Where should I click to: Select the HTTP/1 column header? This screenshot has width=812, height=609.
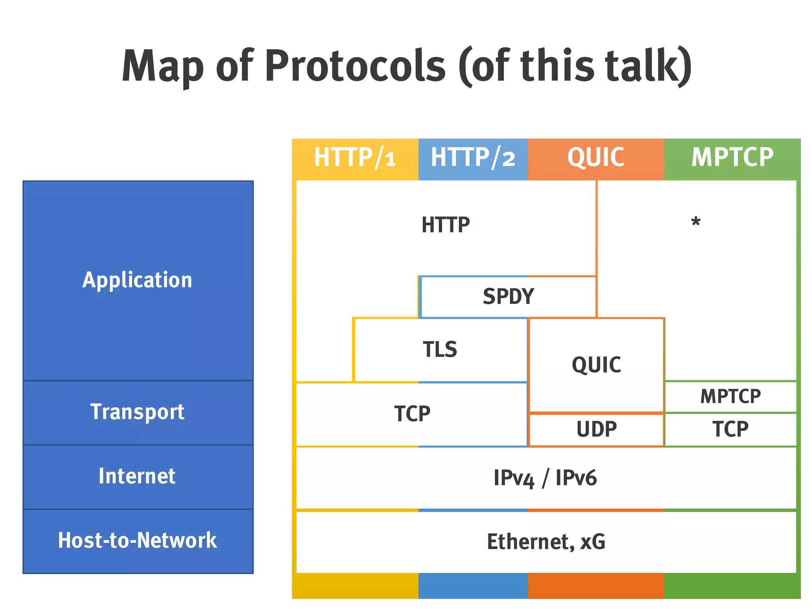pyautogui.click(x=355, y=157)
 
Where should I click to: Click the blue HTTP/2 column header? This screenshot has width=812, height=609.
pyautogui.click(x=473, y=157)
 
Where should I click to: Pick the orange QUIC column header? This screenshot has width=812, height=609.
pyautogui.click(x=596, y=157)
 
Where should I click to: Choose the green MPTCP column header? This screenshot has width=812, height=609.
pyautogui.click(x=732, y=157)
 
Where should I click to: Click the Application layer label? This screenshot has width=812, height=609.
pyautogui.click(x=137, y=280)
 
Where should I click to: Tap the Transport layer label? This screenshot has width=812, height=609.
pyautogui.click(x=137, y=412)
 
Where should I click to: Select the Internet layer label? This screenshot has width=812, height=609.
pyautogui.click(x=137, y=476)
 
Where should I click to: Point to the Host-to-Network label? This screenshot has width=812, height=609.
pyautogui.click(x=137, y=540)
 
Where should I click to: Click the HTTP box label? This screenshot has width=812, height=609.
pyautogui.click(x=446, y=225)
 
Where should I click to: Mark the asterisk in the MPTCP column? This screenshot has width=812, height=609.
pyautogui.click(x=695, y=222)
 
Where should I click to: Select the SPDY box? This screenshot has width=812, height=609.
pyautogui.click(x=508, y=297)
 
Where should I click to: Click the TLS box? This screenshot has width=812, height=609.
pyautogui.click(x=440, y=350)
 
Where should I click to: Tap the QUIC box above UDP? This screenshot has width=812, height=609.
pyautogui.click(x=596, y=365)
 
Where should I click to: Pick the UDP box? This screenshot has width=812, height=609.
pyautogui.click(x=596, y=429)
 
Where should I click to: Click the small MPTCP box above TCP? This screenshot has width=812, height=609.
pyautogui.click(x=730, y=396)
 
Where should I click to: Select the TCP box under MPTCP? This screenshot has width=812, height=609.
pyautogui.click(x=730, y=429)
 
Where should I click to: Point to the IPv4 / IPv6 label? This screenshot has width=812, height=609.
pyautogui.click(x=545, y=478)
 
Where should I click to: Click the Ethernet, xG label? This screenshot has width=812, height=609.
pyautogui.click(x=546, y=542)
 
